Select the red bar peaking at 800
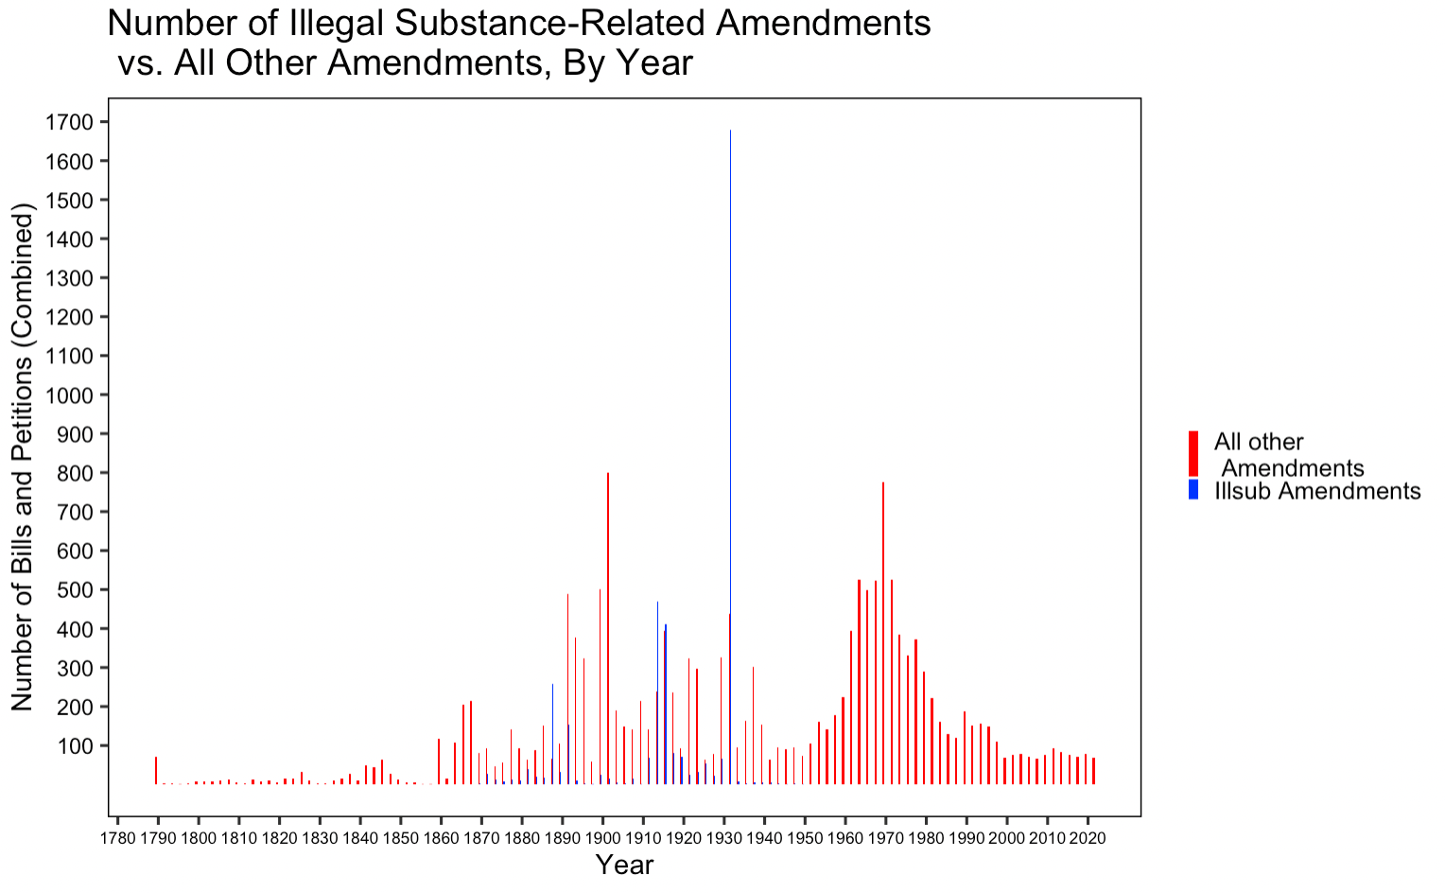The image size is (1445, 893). (608, 624)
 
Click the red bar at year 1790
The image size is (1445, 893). (156, 771)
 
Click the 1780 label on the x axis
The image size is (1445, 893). (116, 838)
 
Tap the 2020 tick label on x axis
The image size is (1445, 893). (1087, 838)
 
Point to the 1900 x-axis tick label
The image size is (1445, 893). (601, 838)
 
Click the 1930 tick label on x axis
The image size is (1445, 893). (723, 838)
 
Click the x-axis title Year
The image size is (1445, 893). (624, 865)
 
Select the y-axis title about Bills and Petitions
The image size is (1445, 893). (23, 457)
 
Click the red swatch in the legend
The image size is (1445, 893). (1193, 454)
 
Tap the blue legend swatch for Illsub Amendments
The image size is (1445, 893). (1193, 490)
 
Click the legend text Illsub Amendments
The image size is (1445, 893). (1317, 491)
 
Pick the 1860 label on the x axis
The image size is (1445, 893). (440, 838)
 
